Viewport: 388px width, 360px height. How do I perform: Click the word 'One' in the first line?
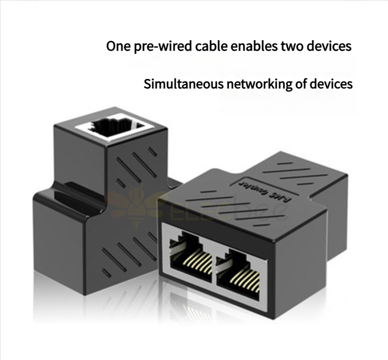pos(118,46)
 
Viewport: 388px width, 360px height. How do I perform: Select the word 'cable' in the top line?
pos(212,46)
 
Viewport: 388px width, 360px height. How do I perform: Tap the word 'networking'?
pos(252,84)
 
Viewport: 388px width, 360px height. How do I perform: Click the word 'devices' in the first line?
pos(331,46)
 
